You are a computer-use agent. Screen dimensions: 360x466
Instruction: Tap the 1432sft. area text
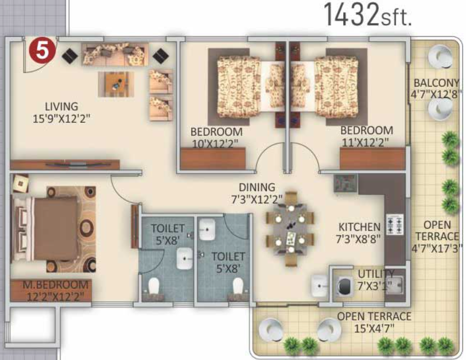pyautogui.click(x=368, y=15)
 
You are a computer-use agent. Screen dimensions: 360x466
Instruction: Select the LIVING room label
pyautogui.click(x=61, y=106)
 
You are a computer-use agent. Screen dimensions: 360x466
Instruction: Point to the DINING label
pyautogui.click(x=257, y=187)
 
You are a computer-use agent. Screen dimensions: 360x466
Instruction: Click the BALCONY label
pyautogui.click(x=436, y=83)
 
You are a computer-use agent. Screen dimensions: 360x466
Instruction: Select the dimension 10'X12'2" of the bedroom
pyautogui.click(x=215, y=143)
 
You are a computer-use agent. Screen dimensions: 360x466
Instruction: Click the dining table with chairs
pyautogui.click(x=290, y=229)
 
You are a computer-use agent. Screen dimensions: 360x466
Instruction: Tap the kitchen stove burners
pyautogui.click(x=396, y=226)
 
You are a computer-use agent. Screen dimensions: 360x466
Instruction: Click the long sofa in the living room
pyautogui.click(x=113, y=55)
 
